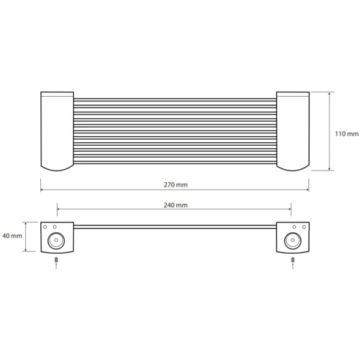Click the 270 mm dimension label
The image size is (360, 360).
[176, 185]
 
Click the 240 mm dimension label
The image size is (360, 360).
[176, 205]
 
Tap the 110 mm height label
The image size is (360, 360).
[347, 134]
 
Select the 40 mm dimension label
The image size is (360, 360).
[12, 236]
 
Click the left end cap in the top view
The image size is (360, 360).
[57, 131]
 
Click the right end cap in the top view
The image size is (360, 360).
[293, 131]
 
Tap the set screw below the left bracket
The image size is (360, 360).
[56, 260]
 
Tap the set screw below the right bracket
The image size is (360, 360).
[293, 260]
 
